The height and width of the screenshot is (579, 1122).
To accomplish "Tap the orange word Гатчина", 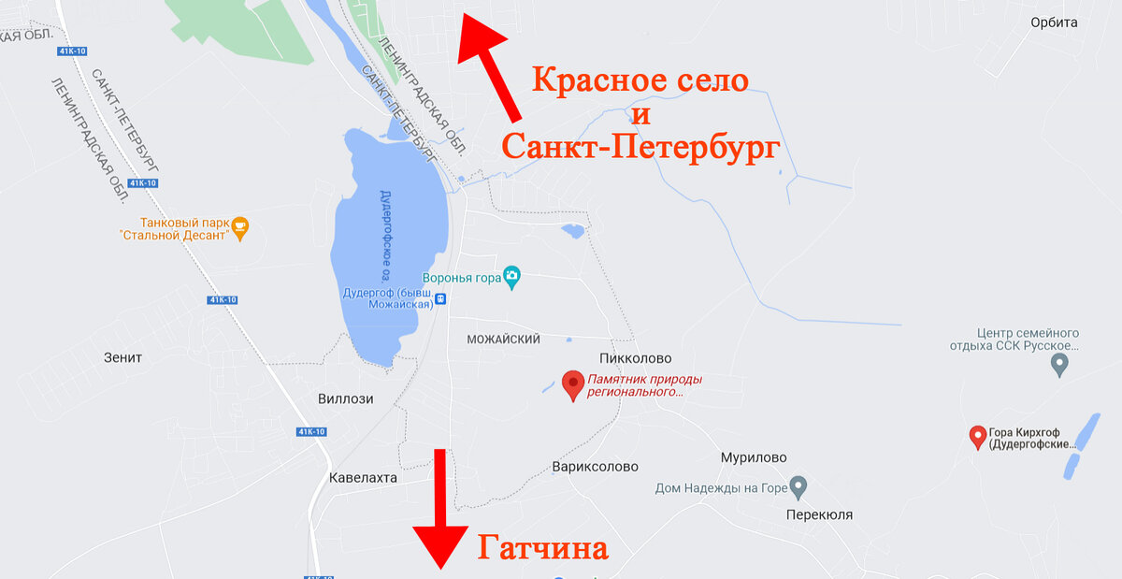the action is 543,547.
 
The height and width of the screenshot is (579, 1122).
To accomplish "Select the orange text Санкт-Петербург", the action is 640,146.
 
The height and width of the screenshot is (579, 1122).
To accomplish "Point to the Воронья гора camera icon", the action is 511,275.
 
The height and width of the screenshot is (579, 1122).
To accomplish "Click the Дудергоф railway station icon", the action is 441,298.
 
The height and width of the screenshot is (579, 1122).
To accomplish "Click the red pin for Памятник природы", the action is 573,384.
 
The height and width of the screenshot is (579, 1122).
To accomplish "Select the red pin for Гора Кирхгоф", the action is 978,436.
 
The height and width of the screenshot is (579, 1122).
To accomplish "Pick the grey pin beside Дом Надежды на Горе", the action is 798,486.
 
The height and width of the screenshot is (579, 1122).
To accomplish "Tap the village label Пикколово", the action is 635,358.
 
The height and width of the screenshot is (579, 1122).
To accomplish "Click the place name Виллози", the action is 345,398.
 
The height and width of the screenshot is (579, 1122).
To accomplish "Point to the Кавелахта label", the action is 364,477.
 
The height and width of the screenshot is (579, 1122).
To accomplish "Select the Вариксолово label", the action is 595,466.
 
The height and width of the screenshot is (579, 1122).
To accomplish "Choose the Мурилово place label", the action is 754,457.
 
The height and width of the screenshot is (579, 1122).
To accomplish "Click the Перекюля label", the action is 819,514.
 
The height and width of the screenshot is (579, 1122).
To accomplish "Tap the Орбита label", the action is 1054,22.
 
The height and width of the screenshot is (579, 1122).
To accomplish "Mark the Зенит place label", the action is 123,357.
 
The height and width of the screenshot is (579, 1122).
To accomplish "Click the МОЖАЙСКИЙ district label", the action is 503,340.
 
